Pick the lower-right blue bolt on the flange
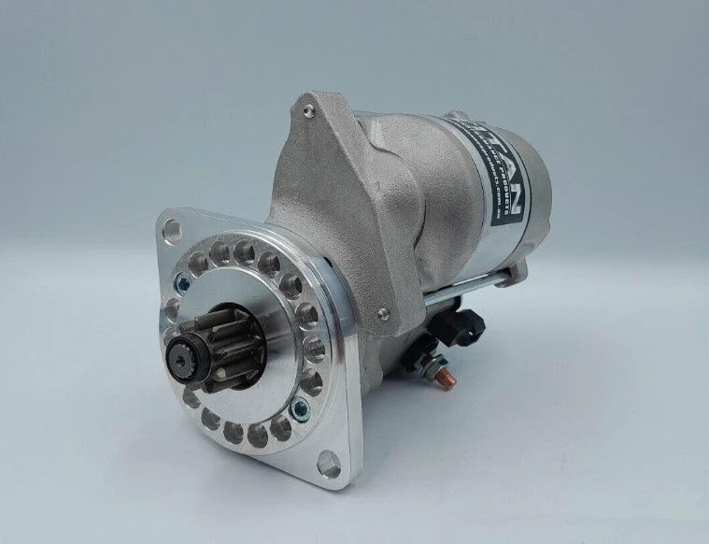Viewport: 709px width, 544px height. click(x=299, y=407)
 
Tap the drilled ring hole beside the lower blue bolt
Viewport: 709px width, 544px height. click(x=280, y=425)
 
